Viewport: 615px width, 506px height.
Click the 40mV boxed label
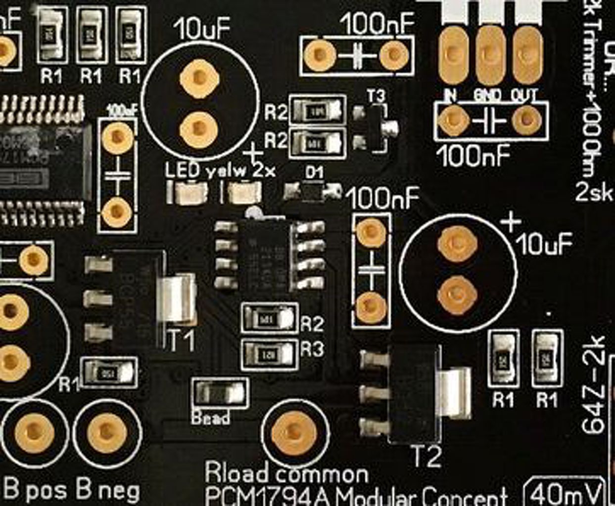click(x=564, y=492)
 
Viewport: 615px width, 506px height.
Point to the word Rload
click(x=237, y=473)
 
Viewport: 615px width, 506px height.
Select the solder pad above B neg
click(x=106, y=431)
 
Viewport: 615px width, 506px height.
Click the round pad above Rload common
click(x=294, y=431)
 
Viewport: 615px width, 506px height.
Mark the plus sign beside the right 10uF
click(x=511, y=222)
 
